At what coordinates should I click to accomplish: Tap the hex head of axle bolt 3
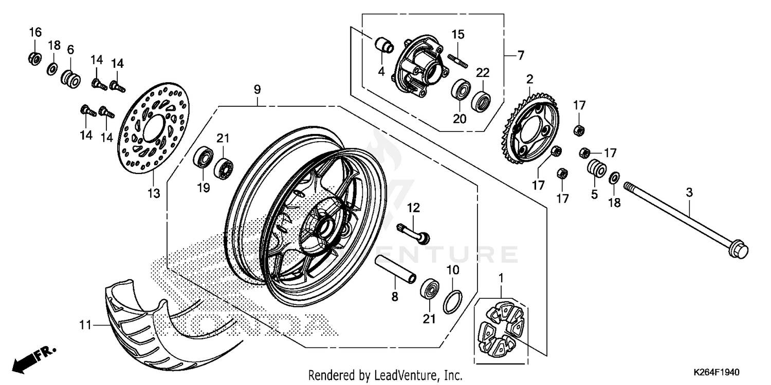click(x=738, y=249)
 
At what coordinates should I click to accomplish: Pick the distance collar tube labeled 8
click(x=395, y=269)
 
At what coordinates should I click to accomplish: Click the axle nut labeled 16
click(x=34, y=57)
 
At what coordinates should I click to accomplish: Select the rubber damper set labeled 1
click(x=501, y=329)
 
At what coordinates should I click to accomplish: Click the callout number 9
click(x=257, y=90)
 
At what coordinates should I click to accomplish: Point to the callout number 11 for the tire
click(x=85, y=324)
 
